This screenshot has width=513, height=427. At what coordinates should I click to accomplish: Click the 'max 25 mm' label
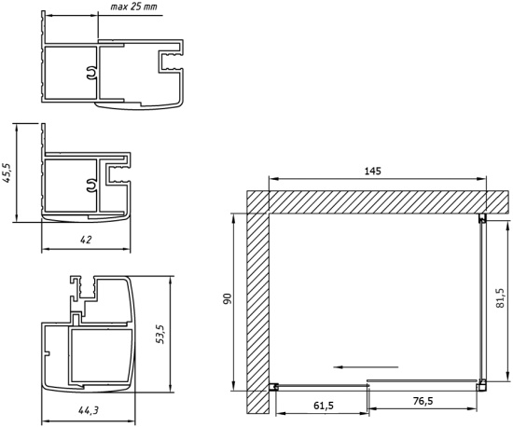(133, 7)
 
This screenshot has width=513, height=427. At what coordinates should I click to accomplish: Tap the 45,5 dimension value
(7, 173)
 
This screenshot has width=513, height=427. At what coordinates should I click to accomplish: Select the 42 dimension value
(86, 240)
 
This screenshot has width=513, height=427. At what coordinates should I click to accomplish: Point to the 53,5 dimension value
(160, 334)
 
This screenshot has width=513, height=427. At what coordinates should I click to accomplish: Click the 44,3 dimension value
(89, 410)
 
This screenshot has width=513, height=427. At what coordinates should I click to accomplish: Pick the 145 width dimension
(373, 171)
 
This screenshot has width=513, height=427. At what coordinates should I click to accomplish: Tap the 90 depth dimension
(228, 299)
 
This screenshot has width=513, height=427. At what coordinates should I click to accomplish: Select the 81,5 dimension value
(500, 298)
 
